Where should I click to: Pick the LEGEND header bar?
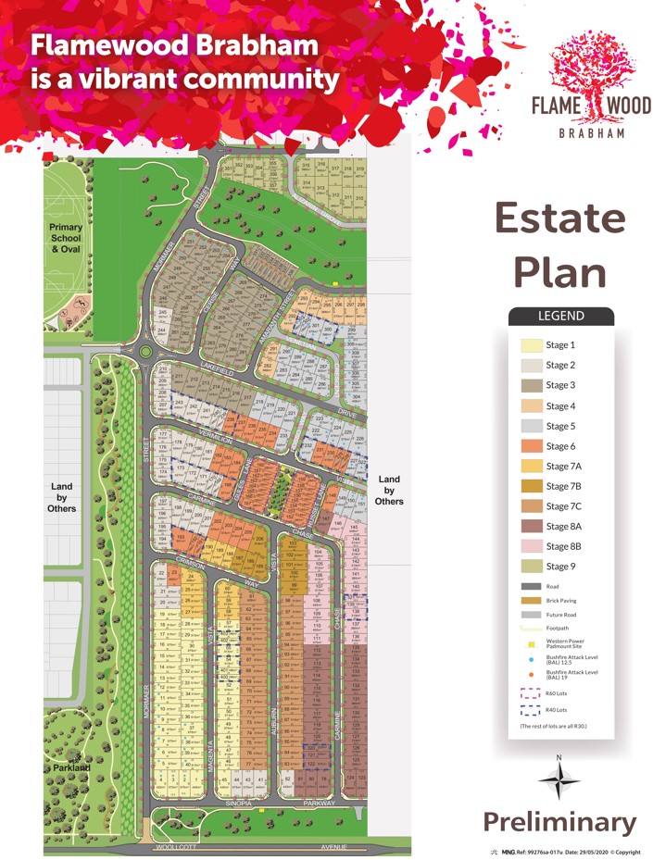tap(561, 316)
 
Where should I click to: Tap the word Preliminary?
tap(560, 822)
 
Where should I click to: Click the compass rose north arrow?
tap(559, 779)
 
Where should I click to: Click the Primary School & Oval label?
tap(67, 238)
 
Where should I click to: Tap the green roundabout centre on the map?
tap(145, 352)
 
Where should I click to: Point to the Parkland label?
tap(70, 767)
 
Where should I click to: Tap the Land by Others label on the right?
tap(389, 490)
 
